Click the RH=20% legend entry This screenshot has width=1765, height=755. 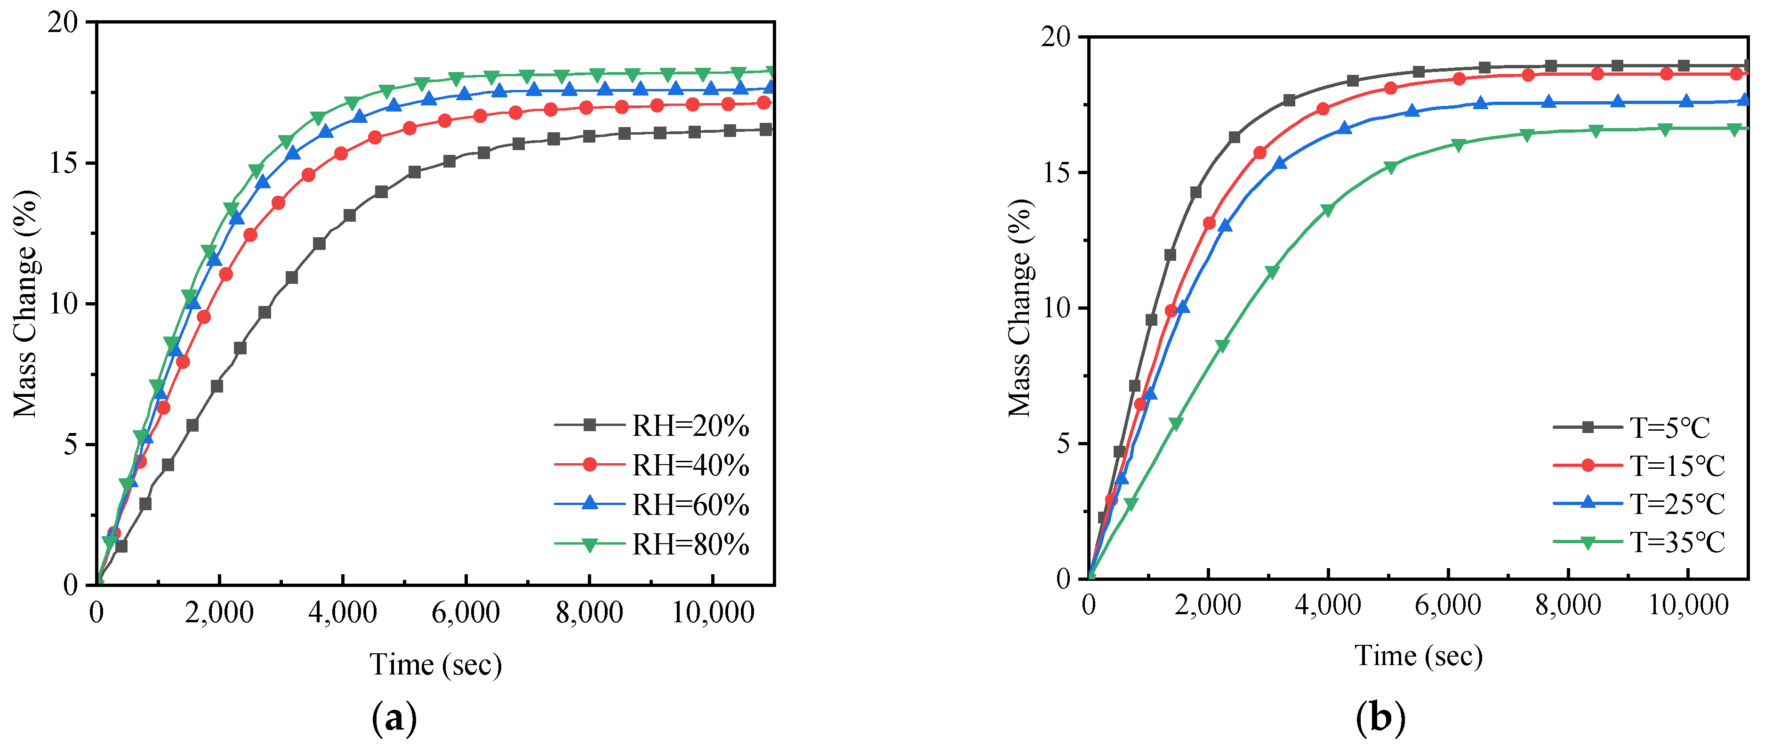pos(689,426)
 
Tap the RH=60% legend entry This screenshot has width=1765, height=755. pos(689,506)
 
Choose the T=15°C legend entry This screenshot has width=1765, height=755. pos(1676,466)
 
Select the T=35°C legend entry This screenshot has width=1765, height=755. pos(1676,543)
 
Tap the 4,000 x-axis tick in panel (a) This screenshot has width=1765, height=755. pos(343,612)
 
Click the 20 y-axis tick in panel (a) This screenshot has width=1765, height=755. pos(63,23)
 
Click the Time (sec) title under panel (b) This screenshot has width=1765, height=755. pos(1418,656)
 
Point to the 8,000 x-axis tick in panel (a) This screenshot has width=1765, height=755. pos(589,612)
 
